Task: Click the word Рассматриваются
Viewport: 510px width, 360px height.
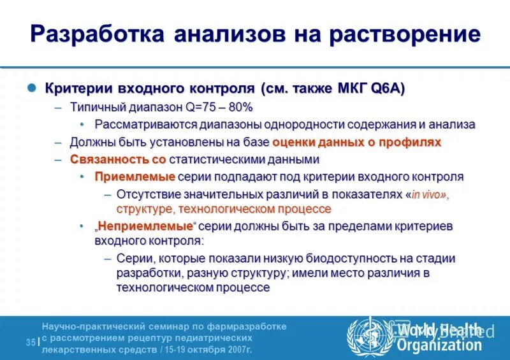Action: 145,124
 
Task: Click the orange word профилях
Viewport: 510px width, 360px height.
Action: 412,142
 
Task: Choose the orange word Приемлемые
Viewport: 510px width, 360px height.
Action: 126,176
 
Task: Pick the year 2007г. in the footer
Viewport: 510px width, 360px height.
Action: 239,350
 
